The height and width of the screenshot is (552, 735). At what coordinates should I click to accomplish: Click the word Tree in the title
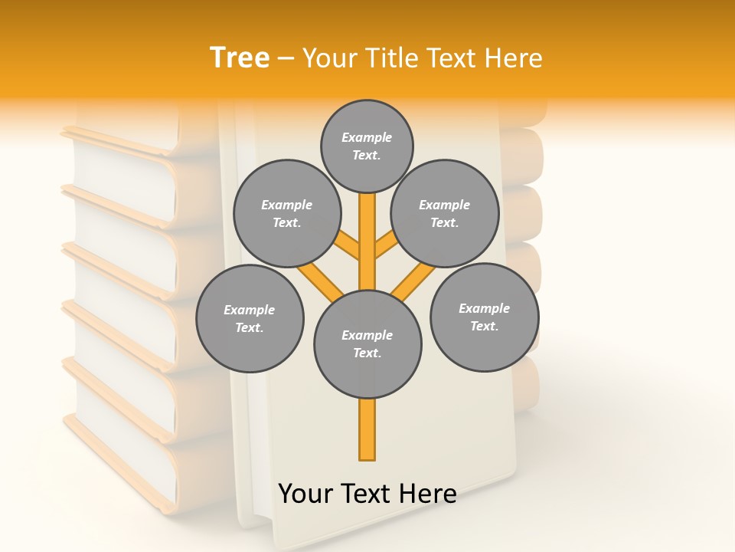coord(240,58)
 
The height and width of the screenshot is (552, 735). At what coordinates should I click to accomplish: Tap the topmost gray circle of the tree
coord(367,146)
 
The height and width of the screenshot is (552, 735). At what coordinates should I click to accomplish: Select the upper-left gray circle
coord(287,213)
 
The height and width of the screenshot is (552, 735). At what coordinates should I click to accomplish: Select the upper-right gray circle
coord(445,213)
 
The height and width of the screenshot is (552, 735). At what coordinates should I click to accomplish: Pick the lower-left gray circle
coord(250,318)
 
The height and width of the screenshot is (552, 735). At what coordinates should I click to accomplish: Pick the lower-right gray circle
coord(485,317)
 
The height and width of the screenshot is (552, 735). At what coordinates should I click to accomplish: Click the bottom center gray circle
coord(367,343)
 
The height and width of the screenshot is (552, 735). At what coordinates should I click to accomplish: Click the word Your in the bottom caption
coord(306,494)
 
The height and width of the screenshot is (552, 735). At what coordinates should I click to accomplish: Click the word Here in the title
coord(514,58)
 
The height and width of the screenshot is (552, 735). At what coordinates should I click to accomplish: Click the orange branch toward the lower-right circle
coord(413,281)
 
